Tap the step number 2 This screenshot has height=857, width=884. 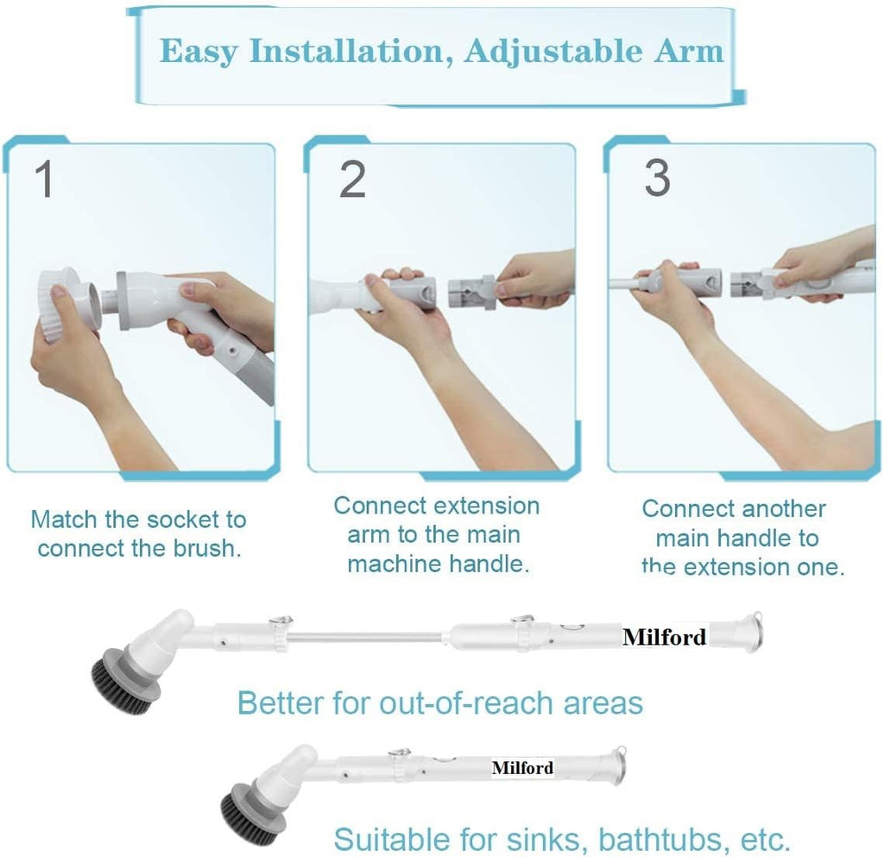[x=352, y=180]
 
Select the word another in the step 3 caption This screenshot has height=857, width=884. [x=781, y=508]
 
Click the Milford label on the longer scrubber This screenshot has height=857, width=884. [x=664, y=638]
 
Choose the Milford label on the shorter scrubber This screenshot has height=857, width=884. [x=522, y=767]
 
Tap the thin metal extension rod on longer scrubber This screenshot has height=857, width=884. [x=371, y=640]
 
